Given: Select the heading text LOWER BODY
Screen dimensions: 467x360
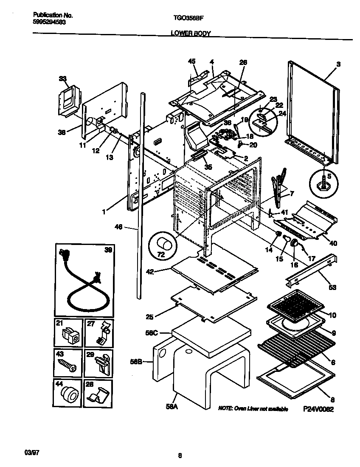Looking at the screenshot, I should pyautogui.click(x=191, y=33).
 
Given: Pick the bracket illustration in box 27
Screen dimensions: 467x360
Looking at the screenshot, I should pyautogui.click(x=101, y=333).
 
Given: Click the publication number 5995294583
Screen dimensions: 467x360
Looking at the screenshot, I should pyautogui.click(x=49, y=23).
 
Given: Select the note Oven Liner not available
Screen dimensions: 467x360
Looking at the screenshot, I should pyautogui.click(x=253, y=409).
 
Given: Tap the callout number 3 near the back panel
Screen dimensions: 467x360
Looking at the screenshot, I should pyautogui.click(x=338, y=64).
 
